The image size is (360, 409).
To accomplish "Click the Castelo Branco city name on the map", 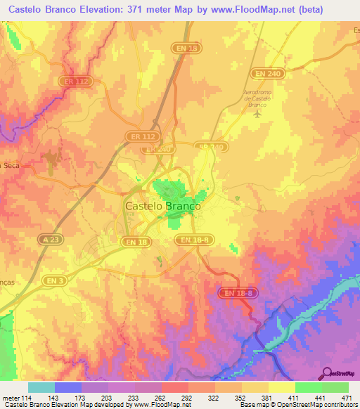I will tap(162, 207).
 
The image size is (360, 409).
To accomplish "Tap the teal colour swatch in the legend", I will tap(41, 387).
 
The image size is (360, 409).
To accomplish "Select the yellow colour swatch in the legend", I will tap(281, 387).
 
